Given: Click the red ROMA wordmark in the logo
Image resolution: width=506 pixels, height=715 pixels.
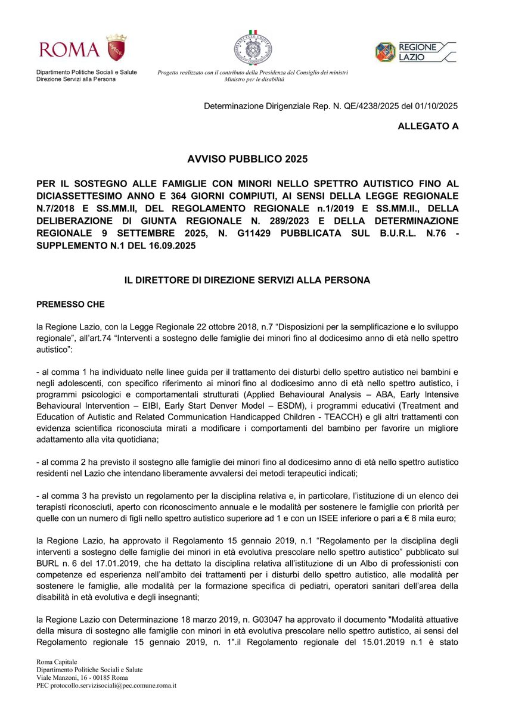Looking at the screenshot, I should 69,49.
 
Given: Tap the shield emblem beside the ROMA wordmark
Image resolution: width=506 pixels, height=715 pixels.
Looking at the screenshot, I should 116,47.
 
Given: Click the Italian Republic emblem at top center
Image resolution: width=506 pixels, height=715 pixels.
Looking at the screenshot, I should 253,46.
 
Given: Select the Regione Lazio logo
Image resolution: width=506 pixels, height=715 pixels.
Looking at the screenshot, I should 415,52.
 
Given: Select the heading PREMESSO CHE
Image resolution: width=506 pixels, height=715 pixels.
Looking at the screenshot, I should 70,304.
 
